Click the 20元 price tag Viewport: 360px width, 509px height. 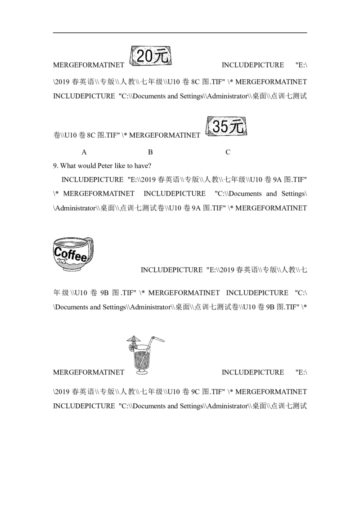point(150,56)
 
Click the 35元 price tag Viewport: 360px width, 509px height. point(226,126)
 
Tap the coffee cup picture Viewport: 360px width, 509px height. point(73,254)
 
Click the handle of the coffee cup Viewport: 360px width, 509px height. point(90,248)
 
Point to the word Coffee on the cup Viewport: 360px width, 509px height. point(71,254)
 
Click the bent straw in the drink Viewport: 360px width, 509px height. point(153,345)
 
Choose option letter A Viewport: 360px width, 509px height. point(84,152)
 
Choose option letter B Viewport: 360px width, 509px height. point(150,152)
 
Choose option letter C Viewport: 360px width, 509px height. point(228,152)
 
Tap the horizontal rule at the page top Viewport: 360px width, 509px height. point(180,32)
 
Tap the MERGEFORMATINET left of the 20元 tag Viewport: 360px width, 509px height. point(89,65)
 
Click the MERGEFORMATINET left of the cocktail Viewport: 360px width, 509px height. point(89,372)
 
